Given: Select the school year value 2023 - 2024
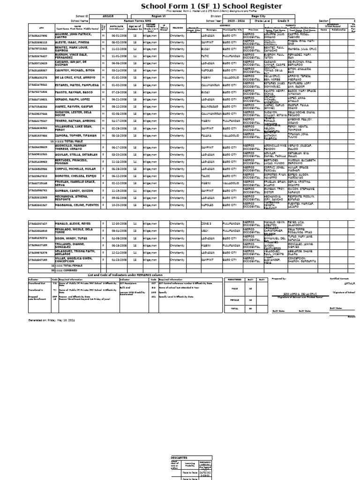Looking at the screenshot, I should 237,21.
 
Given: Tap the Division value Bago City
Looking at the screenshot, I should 258,16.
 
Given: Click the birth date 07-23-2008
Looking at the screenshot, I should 120,92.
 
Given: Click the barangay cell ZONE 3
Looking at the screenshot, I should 206,224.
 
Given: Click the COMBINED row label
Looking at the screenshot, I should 67,270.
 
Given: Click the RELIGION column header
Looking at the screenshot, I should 178,28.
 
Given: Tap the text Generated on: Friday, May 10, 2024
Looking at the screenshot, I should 52,320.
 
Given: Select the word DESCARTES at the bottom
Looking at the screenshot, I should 179,457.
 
